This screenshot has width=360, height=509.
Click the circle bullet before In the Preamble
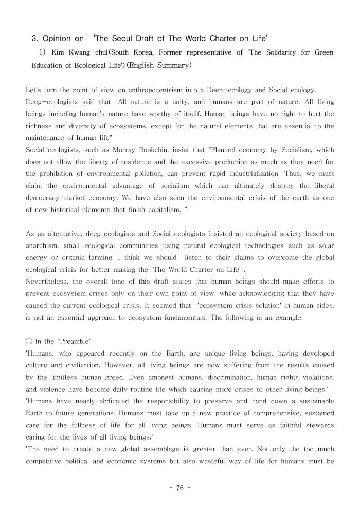click(x=29, y=341)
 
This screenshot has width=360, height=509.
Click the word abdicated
click(x=117, y=401)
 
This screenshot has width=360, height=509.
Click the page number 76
click(x=179, y=488)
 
